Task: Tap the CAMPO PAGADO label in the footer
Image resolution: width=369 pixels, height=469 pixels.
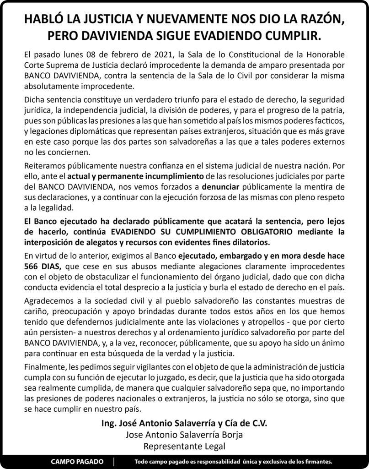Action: click(77, 461)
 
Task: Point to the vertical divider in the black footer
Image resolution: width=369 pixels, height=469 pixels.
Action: click(114, 461)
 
